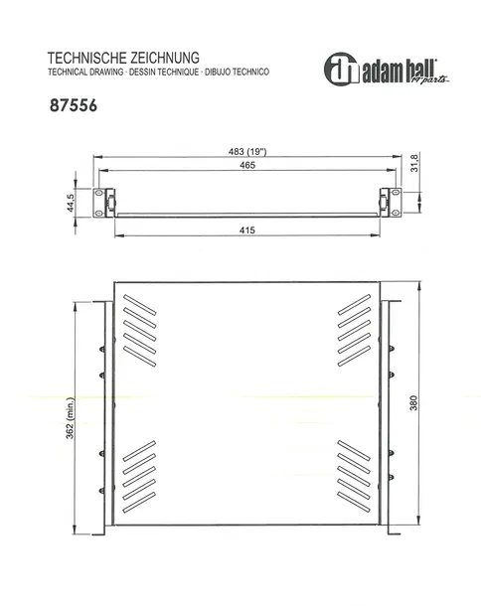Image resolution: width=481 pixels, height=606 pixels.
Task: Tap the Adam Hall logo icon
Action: point(341,68)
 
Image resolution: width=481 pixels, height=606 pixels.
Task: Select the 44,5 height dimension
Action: point(72,203)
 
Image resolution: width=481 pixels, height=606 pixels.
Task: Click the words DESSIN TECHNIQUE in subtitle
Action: point(166,74)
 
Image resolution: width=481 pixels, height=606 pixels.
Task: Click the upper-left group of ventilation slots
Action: point(141,329)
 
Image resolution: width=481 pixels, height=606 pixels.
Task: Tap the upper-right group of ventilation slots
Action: point(356,329)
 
